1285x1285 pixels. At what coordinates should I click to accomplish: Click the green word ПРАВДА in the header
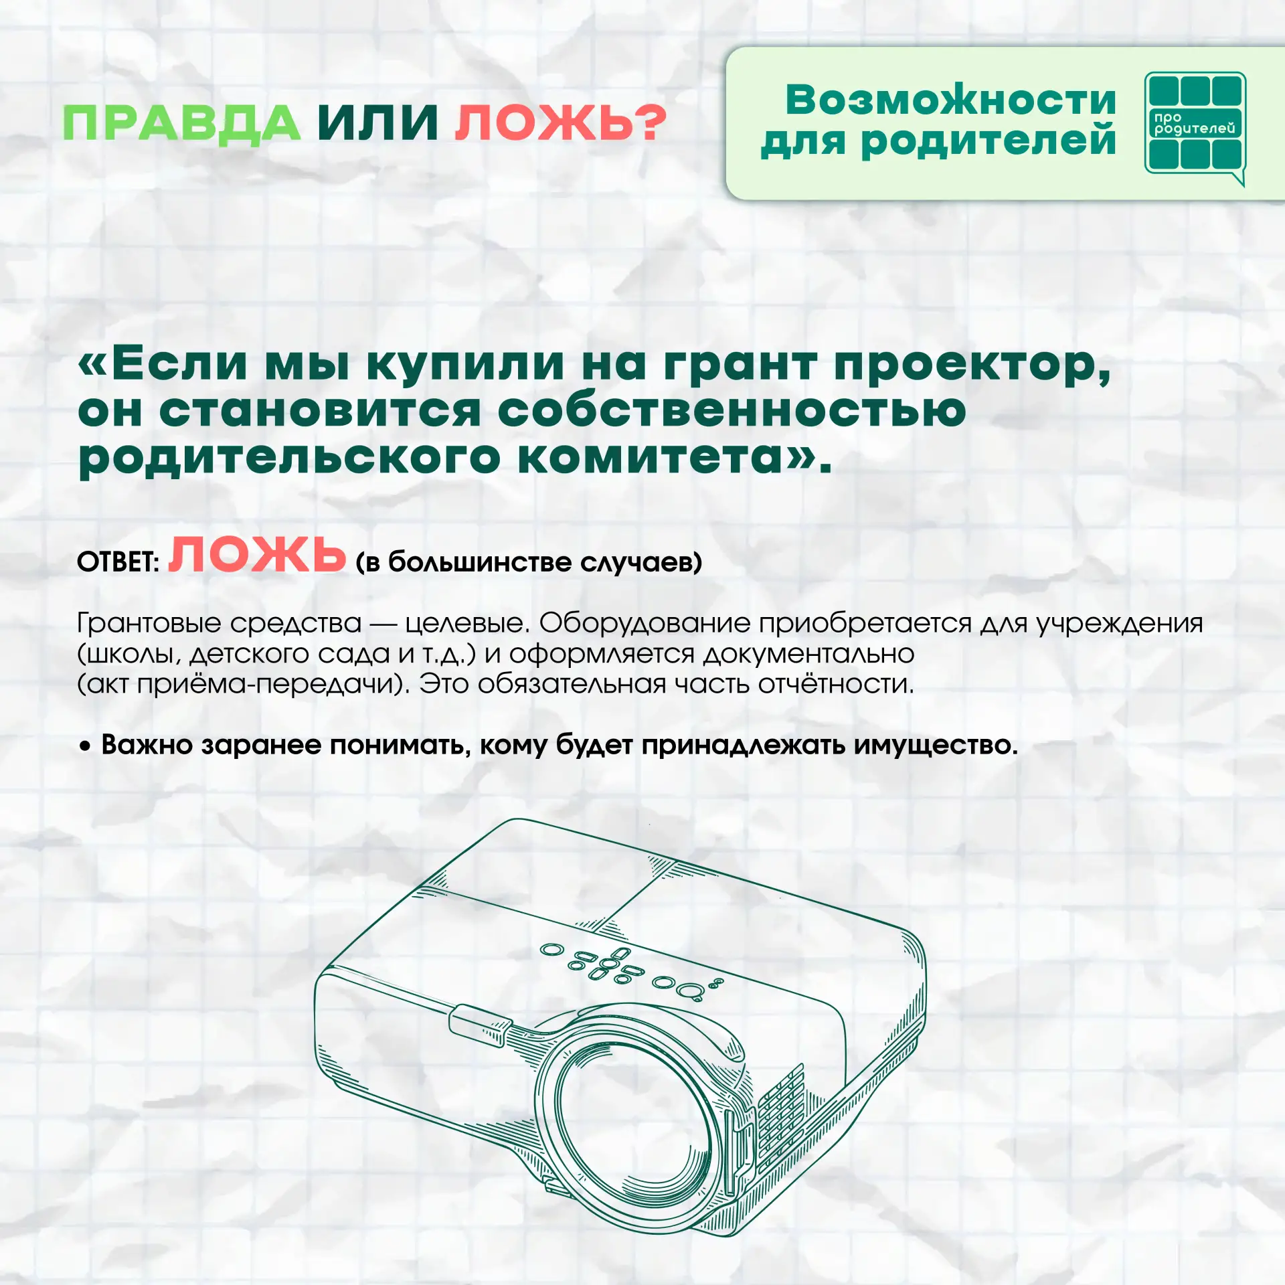click(x=181, y=124)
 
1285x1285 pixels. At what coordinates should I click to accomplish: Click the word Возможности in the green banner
click(x=951, y=100)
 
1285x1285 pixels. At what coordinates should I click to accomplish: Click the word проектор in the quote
click(x=972, y=367)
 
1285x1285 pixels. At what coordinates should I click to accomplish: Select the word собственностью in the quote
click(x=732, y=410)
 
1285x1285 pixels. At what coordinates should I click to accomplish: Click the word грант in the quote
click(x=740, y=367)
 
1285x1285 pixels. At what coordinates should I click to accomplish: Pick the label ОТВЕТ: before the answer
click(x=118, y=562)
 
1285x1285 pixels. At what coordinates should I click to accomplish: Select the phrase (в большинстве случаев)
click(x=529, y=562)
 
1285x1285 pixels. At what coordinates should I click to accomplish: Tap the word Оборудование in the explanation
click(x=645, y=623)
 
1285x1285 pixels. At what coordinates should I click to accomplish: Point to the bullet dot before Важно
click(x=84, y=746)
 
